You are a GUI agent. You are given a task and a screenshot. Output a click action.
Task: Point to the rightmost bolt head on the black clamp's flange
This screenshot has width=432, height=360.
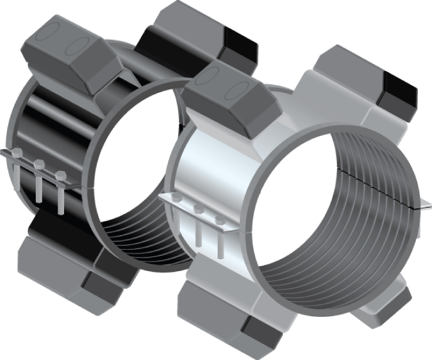pos(59,174)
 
